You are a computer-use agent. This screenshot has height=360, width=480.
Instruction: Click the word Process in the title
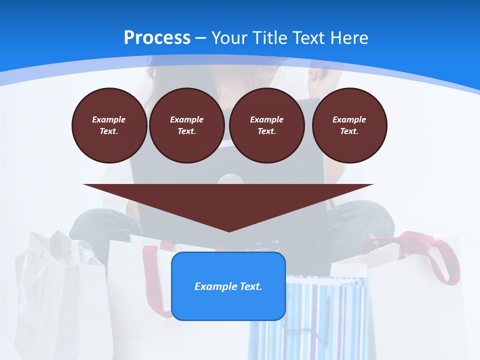pyautogui.click(x=157, y=37)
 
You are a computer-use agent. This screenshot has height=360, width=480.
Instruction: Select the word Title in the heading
pyautogui.click(x=271, y=37)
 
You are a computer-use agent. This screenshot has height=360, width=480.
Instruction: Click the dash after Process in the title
pyautogui.click(x=200, y=38)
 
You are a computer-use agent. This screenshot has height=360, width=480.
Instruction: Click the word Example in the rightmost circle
pyautogui.click(x=349, y=119)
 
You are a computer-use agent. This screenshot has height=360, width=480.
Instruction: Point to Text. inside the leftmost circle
pyautogui.click(x=109, y=131)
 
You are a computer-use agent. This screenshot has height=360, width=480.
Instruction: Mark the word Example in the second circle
pyautogui.click(x=187, y=119)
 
